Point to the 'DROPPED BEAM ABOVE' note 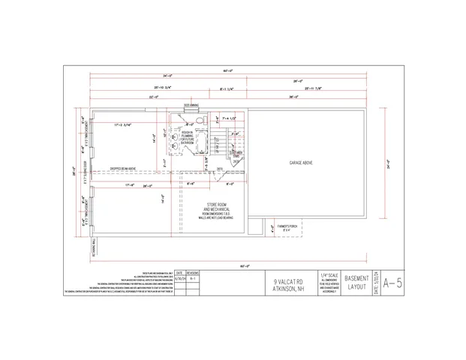click(123, 169)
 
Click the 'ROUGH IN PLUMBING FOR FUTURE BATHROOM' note click(187, 136)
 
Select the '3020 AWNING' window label click(191, 106)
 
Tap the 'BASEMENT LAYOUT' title click(356, 283)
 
